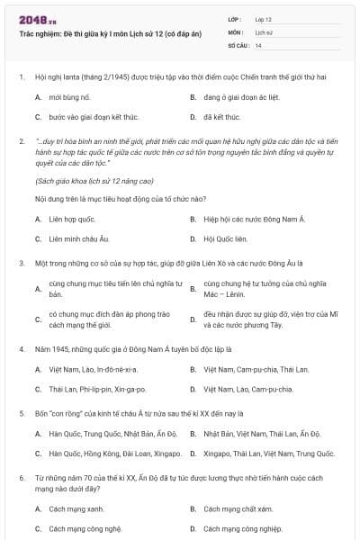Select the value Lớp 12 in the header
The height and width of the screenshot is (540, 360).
[263, 19]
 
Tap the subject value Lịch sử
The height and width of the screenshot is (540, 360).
[263, 31]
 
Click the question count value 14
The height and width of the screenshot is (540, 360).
[258, 44]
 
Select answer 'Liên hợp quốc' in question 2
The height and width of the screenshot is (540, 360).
[72, 219]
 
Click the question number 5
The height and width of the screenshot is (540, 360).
[21, 413]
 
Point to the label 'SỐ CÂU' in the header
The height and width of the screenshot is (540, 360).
[238, 44]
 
